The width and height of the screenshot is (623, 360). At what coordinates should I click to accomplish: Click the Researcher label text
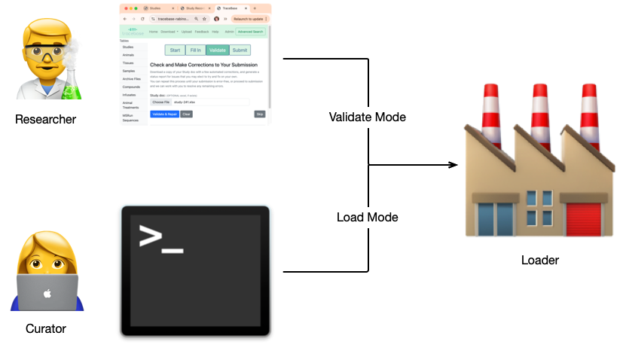tap(45, 119)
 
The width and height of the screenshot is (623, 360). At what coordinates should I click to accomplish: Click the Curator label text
tap(46, 328)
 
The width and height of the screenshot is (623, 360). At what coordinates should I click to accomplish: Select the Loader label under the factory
tap(539, 261)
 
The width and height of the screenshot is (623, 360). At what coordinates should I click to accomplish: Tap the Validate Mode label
tap(368, 117)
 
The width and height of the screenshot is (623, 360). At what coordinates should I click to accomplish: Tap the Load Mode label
tap(367, 217)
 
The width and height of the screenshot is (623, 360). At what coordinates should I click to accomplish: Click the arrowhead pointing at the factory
tap(452, 165)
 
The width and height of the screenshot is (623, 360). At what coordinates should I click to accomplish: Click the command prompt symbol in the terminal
tap(159, 239)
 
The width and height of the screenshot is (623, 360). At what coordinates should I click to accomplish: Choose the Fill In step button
tap(195, 50)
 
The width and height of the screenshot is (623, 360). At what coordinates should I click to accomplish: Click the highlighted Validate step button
tap(218, 50)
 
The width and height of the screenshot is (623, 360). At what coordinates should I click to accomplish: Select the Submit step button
tap(240, 50)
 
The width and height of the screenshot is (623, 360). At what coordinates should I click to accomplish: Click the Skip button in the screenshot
tap(260, 114)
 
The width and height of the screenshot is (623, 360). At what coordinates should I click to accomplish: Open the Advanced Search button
tap(250, 32)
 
